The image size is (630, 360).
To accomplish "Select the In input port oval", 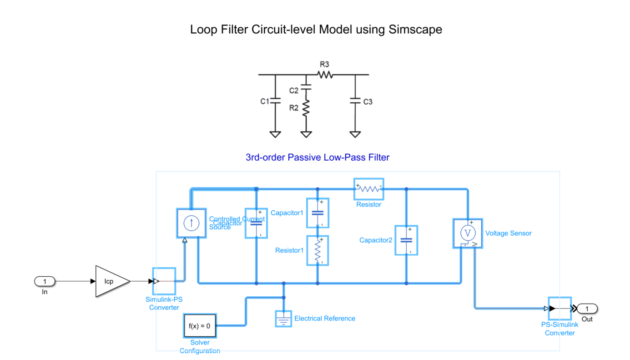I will click(x=45, y=281).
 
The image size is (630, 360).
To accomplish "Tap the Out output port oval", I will click(x=587, y=309).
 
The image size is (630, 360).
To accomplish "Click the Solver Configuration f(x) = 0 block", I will click(x=199, y=326).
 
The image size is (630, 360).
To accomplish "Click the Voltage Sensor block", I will click(x=467, y=233).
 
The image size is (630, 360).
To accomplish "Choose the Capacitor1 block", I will click(x=318, y=213).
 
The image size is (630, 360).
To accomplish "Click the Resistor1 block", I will click(x=318, y=250).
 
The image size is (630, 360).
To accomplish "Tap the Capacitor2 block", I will click(x=406, y=240).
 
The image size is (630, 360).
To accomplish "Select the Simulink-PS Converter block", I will click(x=163, y=281).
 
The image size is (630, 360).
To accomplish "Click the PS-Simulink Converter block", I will click(x=559, y=309).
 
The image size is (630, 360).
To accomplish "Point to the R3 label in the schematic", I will click(x=324, y=65).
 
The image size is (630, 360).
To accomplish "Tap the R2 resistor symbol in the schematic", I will click(x=307, y=108).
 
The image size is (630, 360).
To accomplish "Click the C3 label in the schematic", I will click(x=368, y=102).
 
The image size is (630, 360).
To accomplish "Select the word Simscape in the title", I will click(x=415, y=30).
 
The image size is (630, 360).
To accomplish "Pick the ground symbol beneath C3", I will click(x=355, y=134).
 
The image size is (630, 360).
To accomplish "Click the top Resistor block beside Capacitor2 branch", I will click(x=369, y=189).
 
